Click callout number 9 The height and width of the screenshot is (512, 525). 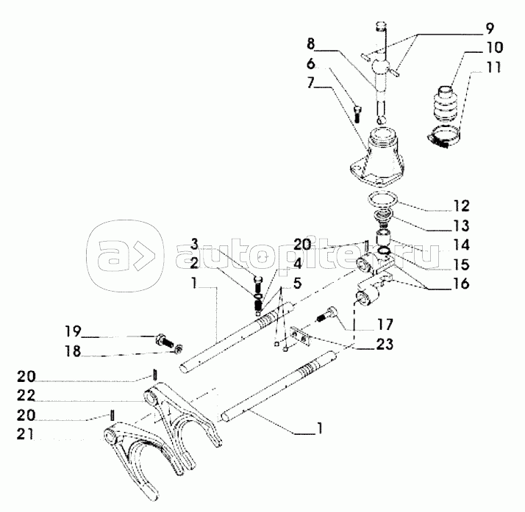click(x=489, y=29)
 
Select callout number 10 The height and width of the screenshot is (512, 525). click(x=493, y=47)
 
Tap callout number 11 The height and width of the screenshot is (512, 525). click(x=493, y=67)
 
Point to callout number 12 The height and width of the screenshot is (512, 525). click(x=461, y=206)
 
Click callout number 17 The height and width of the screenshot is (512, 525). click(x=384, y=324)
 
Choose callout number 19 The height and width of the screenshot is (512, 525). click(x=73, y=331)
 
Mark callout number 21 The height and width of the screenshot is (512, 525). click(x=26, y=434)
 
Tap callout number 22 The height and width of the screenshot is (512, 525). click(x=26, y=396)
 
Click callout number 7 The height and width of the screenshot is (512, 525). click(x=311, y=82)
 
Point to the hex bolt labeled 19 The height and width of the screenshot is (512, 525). click(x=165, y=340)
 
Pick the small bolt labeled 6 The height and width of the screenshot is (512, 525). click(x=357, y=114)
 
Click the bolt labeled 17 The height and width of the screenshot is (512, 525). click(x=327, y=314)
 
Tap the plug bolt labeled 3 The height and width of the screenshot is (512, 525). click(x=259, y=284)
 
